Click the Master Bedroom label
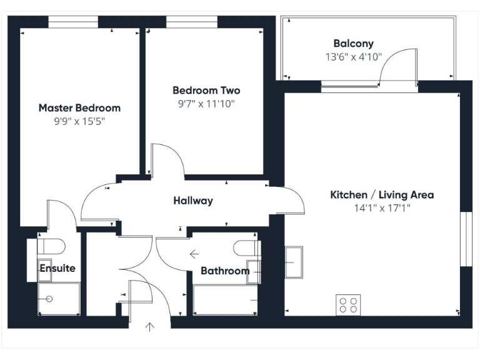(x=79, y=107)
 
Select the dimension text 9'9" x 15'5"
(x=79, y=122)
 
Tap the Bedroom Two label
(x=206, y=90)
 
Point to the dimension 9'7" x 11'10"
(x=206, y=104)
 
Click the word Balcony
(x=353, y=44)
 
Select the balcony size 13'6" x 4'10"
(x=353, y=57)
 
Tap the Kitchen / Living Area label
(x=382, y=194)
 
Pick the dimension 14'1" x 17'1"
(x=382, y=208)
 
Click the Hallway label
(x=193, y=201)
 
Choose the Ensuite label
(x=57, y=268)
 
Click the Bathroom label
(x=225, y=271)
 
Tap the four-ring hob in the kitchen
(x=349, y=304)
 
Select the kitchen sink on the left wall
(x=294, y=262)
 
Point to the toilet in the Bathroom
(x=246, y=247)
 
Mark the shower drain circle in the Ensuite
(x=49, y=299)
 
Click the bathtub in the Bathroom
(x=226, y=300)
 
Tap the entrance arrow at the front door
(x=150, y=326)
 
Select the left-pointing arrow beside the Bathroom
(x=194, y=254)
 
